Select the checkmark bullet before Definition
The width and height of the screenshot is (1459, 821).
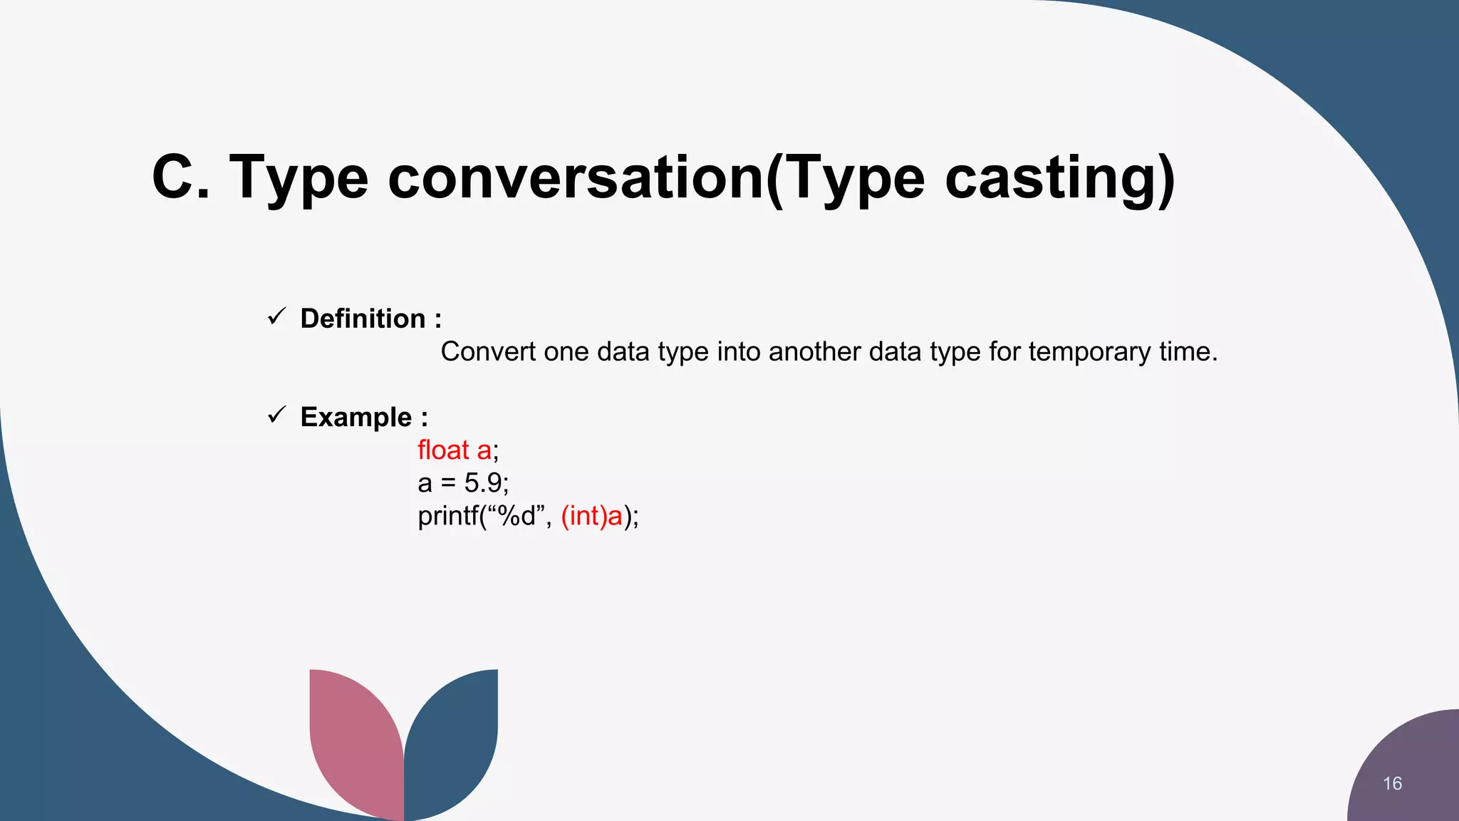276,316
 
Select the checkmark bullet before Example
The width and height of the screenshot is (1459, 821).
276,415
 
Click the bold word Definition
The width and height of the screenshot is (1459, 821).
363,319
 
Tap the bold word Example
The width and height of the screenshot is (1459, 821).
355,417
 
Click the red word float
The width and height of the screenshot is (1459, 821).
443,450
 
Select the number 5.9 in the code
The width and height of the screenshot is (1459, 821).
483,483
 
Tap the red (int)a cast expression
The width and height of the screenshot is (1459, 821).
592,516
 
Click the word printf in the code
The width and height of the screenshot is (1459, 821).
447,516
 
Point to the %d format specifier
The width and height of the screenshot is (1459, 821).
516,516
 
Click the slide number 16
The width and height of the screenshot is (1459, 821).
1392,783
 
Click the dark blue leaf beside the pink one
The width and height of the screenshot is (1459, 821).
453,741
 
